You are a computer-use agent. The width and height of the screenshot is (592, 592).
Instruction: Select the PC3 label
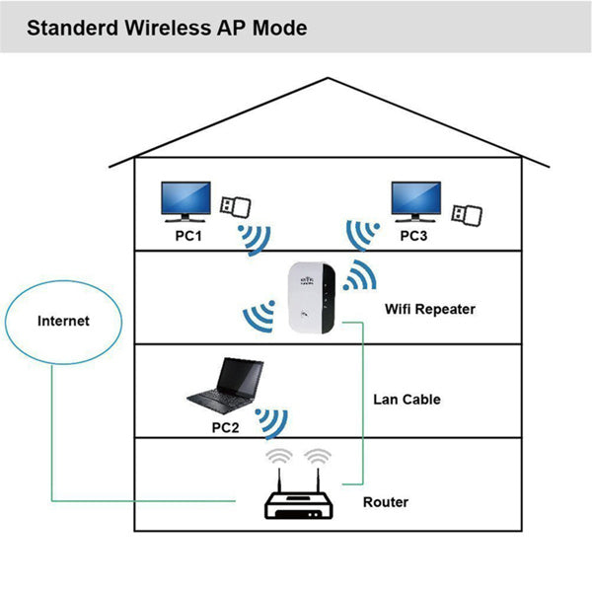pos(415,237)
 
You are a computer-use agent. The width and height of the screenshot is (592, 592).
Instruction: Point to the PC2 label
pos(226,427)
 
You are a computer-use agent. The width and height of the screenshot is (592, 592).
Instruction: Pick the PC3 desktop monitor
pos(415,201)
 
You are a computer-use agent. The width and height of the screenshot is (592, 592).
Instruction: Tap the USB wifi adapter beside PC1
pos(234,206)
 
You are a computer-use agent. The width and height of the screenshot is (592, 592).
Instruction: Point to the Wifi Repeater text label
pos(429,309)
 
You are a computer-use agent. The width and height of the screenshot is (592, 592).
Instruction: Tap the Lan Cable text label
pos(407,400)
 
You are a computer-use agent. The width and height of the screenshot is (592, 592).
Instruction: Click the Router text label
pos(385,502)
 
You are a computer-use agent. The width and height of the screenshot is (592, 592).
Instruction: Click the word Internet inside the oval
pos(63,321)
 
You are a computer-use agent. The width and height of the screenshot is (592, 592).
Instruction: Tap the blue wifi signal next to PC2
pos(271,421)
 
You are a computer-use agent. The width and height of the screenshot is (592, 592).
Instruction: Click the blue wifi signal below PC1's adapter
pos(255,238)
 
